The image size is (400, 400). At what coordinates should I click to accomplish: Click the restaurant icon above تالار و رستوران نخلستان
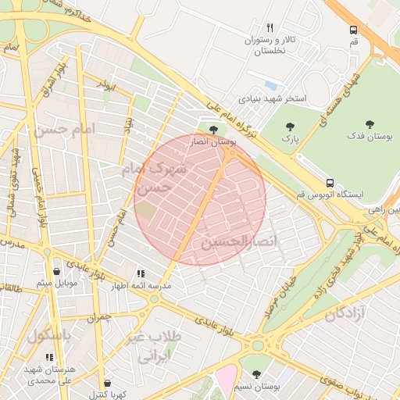pyautogui.click(x=270, y=27)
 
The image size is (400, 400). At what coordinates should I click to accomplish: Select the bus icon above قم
pyautogui.click(x=353, y=30)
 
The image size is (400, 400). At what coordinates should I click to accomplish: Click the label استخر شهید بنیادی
pyautogui.click(x=273, y=100)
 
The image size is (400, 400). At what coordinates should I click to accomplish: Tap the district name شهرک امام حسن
pyautogui.click(x=160, y=178)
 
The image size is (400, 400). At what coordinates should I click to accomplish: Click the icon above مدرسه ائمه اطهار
pyautogui.click(x=141, y=274)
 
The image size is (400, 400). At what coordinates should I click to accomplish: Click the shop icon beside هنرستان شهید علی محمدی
pyautogui.click(x=50, y=357)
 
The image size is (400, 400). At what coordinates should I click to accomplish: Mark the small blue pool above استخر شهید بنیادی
pyautogui.click(x=270, y=85)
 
